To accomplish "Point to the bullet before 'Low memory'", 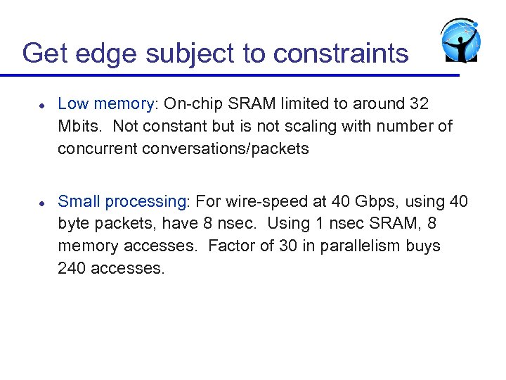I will pyautogui.click(x=42, y=104).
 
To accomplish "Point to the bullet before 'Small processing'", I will pyautogui.click(x=42, y=202).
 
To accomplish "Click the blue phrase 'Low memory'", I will pyautogui.click(x=105, y=104).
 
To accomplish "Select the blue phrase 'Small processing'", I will pyautogui.click(x=121, y=202).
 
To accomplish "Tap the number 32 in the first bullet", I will pyautogui.click(x=418, y=104).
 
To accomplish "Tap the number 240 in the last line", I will pyautogui.click(x=72, y=268).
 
